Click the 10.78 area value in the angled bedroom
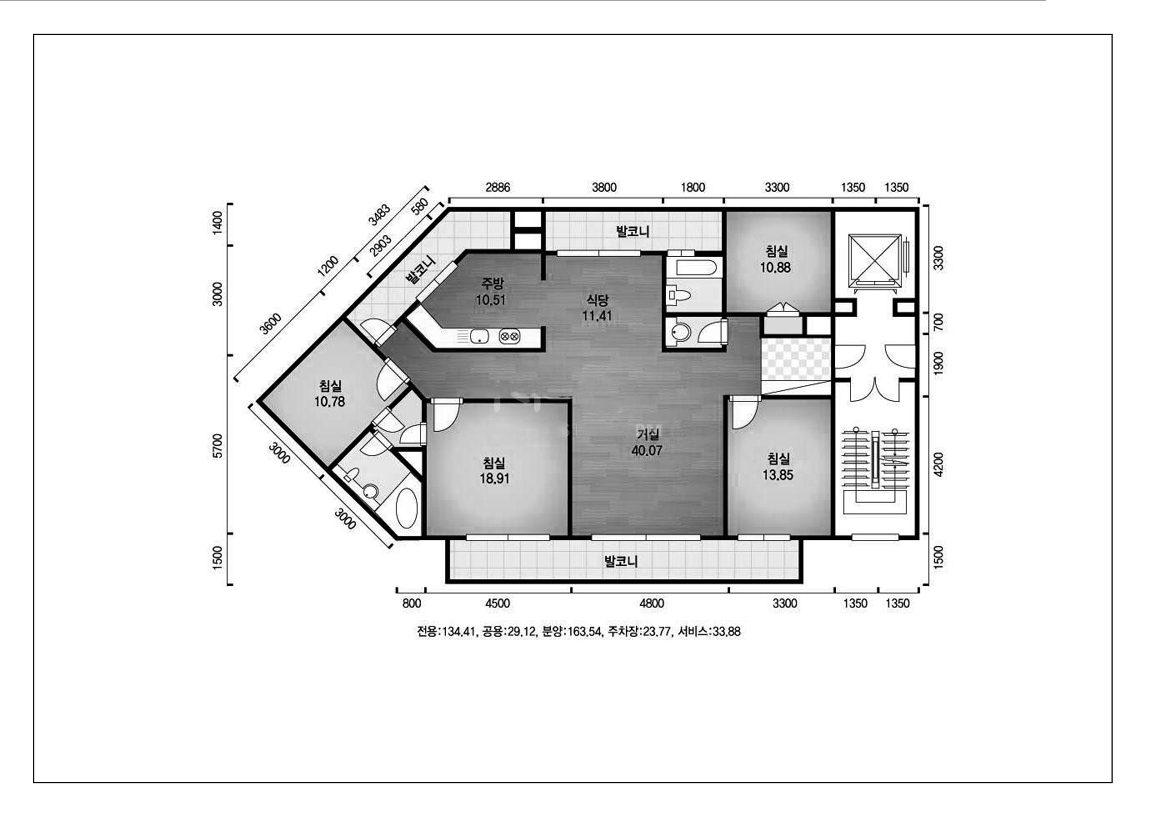tap(330, 402)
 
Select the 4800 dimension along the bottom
tap(651, 603)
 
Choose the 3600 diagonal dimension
tap(271, 324)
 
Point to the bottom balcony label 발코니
tap(621, 561)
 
